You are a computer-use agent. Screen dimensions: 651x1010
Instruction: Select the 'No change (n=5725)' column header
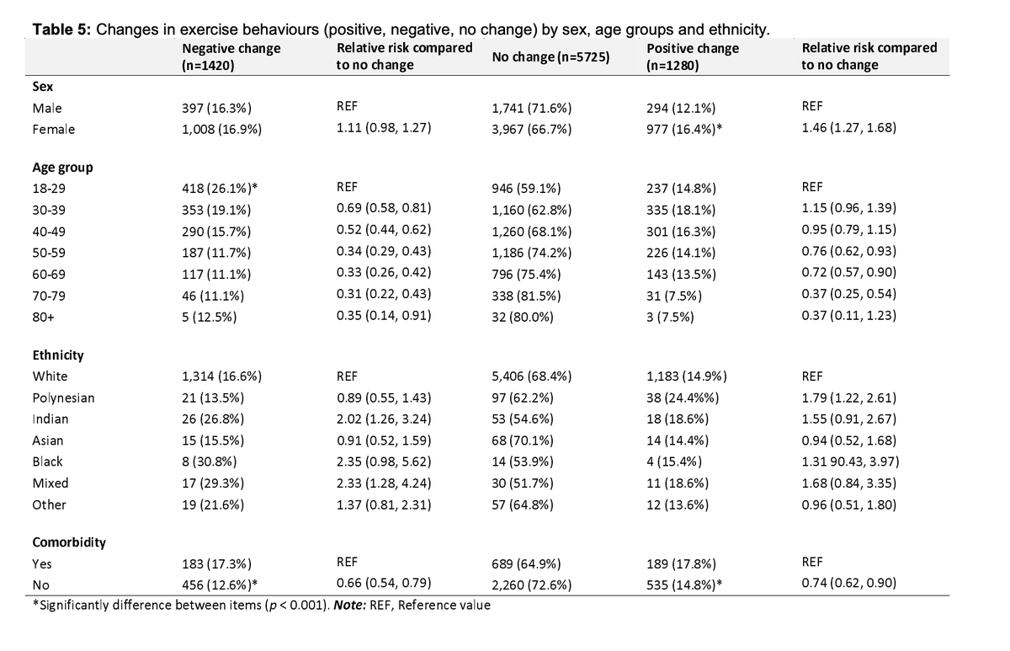click(546, 56)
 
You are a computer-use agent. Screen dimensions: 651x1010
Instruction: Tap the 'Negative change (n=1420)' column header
click(231, 56)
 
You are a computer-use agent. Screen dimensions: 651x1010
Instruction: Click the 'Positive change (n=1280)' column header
click(692, 56)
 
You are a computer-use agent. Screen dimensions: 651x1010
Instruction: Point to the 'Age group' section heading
click(62, 167)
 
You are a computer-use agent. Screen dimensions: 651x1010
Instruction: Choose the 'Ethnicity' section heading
click(57, 355)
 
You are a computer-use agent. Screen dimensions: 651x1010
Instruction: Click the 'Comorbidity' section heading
click(68, 542)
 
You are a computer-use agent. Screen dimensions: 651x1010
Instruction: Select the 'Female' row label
click(53, 130)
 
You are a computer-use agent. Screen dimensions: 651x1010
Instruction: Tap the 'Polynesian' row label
click(63, 398)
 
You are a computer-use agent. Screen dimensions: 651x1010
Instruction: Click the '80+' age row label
click(43, 317)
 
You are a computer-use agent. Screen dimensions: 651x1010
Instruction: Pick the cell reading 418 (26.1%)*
click(219, 189)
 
